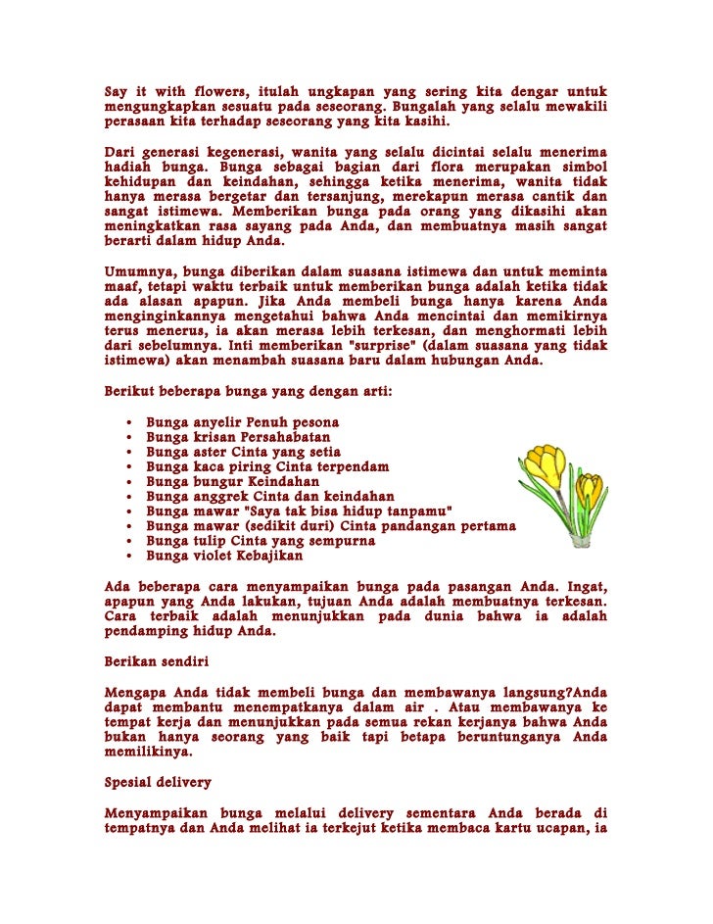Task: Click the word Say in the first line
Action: point(118,93)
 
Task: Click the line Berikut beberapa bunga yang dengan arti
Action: point(249,392)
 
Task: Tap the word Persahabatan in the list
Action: point(275,437)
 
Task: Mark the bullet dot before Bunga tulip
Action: point(130,541)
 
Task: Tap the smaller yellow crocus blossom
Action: point(589,488)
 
